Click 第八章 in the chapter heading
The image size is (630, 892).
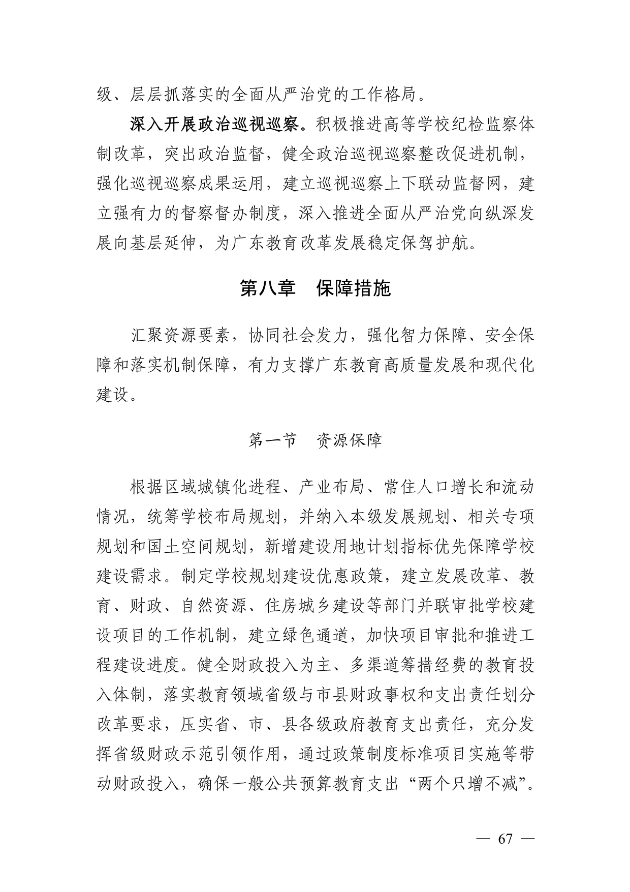(x=267, y=288)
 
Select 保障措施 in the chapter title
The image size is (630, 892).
(x=354, y=288)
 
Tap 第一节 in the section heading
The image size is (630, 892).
(x=272, y=440)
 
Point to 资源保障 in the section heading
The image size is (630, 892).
(x=349, y=440)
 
